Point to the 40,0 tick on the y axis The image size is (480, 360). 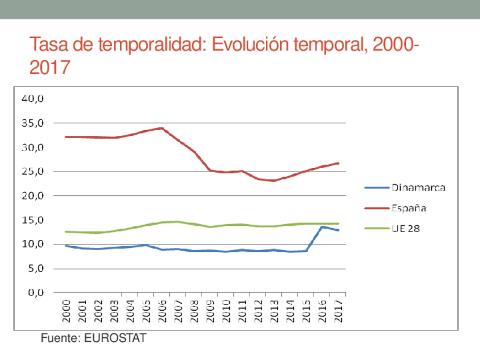click(x=33, y=98)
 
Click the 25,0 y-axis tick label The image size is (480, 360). click(x=33, y=172)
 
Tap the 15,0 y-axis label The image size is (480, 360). click(x=33, y=220)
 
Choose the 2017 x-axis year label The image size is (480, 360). click(x=339, y=309)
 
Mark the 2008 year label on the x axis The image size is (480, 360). click(x=194, y=309)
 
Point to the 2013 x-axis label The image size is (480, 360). click(x=275, y=309)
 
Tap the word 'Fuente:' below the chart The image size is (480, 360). click(x=61, y=338)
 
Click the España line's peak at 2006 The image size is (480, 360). click(x=162, y=128)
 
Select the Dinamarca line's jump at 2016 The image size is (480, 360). click(x=323, y=227)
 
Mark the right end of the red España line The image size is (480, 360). click(x=338, y=163)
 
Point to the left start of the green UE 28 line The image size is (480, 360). click(x=66, y=232)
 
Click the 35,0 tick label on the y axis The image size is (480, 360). click(x=33, y=123)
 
